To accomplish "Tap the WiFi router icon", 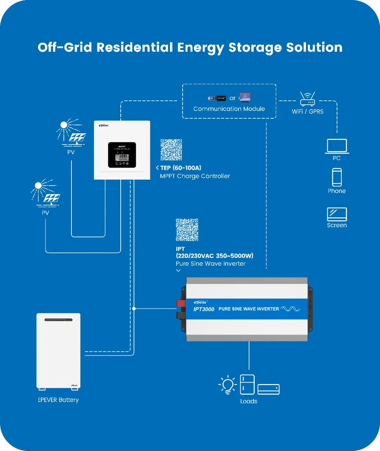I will (308, 99).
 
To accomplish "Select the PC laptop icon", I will (337, 146).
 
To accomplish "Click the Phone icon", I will (337, 177).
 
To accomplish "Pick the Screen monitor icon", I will (337, 214).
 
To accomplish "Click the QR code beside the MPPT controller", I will (171, 150).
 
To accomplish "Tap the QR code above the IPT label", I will (187, 230).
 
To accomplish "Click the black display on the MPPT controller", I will (122, 155).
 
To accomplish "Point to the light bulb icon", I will (228, 384).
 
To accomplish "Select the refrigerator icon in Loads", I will (247, 384).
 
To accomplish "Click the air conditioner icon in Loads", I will (268, 389).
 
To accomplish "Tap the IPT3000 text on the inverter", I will (204, 309).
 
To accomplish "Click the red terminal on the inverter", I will (181, 303).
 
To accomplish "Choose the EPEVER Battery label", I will (58, 400).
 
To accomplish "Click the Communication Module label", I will (229, 109).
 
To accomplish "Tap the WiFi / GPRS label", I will (308, 111).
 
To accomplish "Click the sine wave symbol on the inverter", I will (290, 309).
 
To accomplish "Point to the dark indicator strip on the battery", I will (58, 320).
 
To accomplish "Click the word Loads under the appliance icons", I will (249, 401).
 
